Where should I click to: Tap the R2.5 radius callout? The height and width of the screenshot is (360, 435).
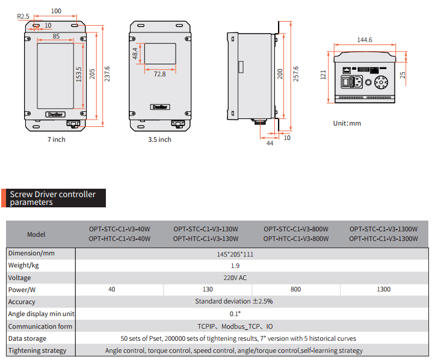pyautogui.click(x=23, y=16)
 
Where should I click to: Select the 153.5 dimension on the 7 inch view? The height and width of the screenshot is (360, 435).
pyautogui.click(x=79, y=75)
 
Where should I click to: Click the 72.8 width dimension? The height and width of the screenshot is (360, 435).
pyautogui.click(x=159, y=74)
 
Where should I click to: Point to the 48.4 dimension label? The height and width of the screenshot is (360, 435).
pyautogui.click(x=136, y=53)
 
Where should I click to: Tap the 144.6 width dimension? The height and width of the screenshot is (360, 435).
pyautogui.click(x=365, y=40)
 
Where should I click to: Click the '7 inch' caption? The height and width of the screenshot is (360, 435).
pyautogui.click(x=57, y=139)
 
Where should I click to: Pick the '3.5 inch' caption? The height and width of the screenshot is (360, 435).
pyautogui.click(x=159, y=139)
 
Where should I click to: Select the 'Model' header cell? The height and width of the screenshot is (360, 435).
pyautogui.click(x=36, y=234)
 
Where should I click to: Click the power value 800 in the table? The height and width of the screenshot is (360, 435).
pyautogui.click(x=295, y=290)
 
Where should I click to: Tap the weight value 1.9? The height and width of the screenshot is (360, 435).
pyautogui.click(x=235, y=266)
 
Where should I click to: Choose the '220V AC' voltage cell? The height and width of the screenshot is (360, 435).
pyautogui.click(x=235, y=278)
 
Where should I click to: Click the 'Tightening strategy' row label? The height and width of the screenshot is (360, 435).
pyautogui.click(x=37, y=350)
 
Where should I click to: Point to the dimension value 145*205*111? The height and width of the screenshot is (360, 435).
pyautogui.click(x=235, y=254)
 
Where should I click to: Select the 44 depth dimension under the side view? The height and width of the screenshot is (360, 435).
pyautogui.click(x=269, y=143)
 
